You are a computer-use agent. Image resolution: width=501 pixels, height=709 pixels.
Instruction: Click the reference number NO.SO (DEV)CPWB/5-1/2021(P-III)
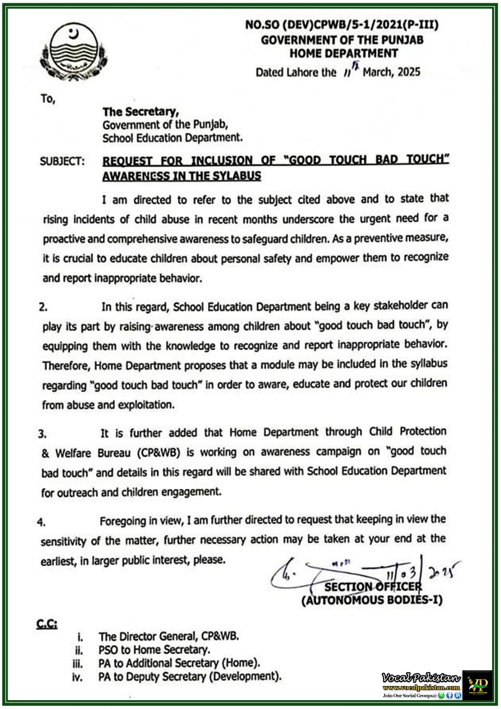point(342,25)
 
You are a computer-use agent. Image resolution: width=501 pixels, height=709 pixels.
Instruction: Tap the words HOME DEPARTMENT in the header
point(343,54)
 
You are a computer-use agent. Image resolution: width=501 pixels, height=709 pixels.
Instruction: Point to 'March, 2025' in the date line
point(391,72)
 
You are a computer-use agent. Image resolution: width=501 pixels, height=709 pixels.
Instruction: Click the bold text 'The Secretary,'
point(140,112)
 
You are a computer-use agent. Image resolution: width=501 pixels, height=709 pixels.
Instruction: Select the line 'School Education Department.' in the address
point(172,138)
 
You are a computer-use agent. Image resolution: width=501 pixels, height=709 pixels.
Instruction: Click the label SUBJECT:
point(62,161)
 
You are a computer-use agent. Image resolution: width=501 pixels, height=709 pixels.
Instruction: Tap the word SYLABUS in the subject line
point(237,176)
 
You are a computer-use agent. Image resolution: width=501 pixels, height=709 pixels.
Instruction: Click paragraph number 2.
point(43,307)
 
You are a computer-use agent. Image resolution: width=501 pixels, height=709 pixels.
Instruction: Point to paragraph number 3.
point(42,434)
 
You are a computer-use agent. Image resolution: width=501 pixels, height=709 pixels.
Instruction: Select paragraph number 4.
point(41,522)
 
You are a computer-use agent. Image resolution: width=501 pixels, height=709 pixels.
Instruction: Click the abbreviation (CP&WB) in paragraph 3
point(158,453)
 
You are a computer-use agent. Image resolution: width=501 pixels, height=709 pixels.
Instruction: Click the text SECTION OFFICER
point(373,587)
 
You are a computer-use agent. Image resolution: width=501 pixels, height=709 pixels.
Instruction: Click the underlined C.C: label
point(47,624)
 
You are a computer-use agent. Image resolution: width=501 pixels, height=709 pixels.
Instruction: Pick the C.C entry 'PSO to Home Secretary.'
point(154,650)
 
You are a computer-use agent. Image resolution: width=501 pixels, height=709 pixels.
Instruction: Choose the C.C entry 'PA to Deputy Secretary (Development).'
point(190,677)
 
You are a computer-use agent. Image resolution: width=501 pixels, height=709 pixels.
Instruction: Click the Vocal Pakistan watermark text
point(421,678)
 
